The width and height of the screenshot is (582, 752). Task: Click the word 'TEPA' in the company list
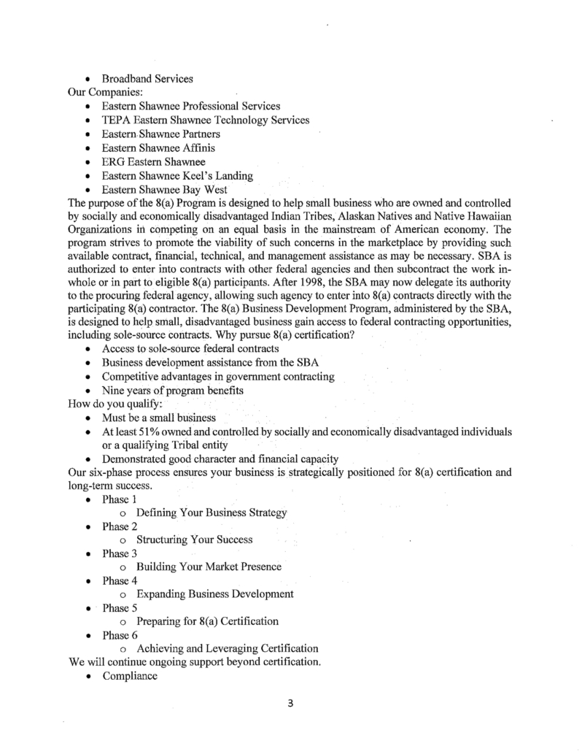(117, 120)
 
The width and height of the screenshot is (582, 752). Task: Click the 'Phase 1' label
(120, 499)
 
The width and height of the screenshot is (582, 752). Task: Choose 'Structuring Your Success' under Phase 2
(195, 540)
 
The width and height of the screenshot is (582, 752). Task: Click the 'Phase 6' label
(120, 635)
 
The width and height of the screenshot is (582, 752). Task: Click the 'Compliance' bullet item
(131, 676)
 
